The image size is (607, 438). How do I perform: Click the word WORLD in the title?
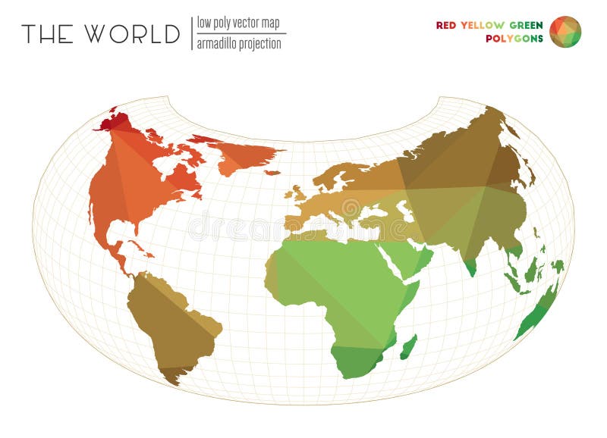point(132,34)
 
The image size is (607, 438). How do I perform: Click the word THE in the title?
point(47,34)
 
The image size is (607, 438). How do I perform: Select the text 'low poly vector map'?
point(237,23)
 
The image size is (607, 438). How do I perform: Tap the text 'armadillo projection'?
point(239,43)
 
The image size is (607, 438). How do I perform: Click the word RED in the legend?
point(446,25)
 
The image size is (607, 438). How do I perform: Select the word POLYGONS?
point(514,39)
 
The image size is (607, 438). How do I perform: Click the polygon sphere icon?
point(565,32)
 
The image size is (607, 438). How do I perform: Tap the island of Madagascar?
point(408,347)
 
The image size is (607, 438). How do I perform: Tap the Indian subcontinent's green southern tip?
point(470,266)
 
